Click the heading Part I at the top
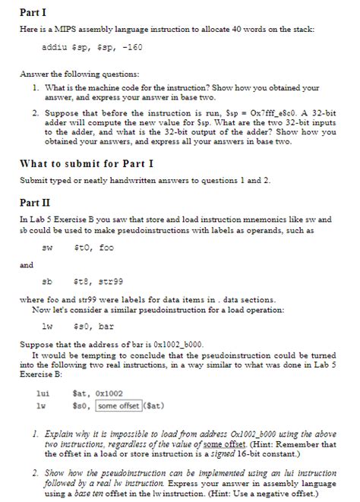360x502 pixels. click(x=32, y=11)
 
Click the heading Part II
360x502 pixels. click(x=33, y=204)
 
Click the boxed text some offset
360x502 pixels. click(x=118, y=406)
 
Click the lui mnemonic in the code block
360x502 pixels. click(x=43, y=394)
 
